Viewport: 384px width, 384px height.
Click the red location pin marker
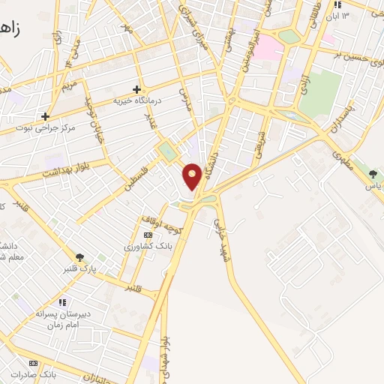193,175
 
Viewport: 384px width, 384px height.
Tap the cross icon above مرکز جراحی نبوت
46,116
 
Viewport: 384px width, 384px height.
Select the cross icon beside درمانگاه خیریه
136,88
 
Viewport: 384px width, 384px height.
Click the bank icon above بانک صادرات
33,362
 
